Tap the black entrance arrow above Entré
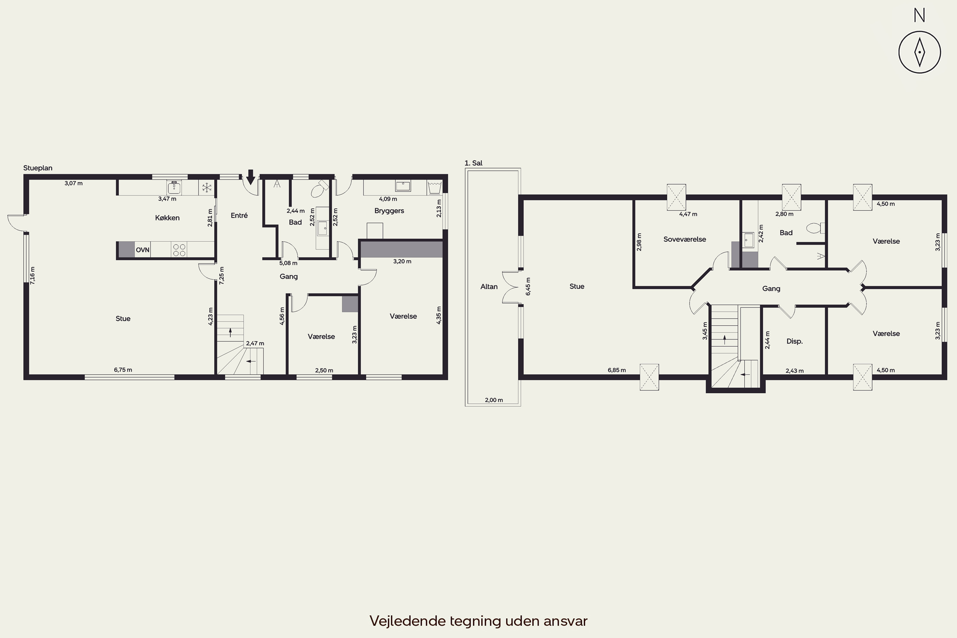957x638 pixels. [251, 177]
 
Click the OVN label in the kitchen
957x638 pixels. [142, 250]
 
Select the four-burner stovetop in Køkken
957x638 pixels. [179, 249]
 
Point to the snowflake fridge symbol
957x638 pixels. [207, 188]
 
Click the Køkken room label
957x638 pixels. [167, 218]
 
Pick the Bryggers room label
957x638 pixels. [389, 211]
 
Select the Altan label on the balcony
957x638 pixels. [489, 286]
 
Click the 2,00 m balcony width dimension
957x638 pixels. [493, 400]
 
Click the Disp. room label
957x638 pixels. [794, 341]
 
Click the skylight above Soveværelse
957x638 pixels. [676, 197]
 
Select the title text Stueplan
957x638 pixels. [38, 168]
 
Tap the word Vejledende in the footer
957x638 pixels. [408, 621]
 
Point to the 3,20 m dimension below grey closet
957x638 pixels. [402, 261]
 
